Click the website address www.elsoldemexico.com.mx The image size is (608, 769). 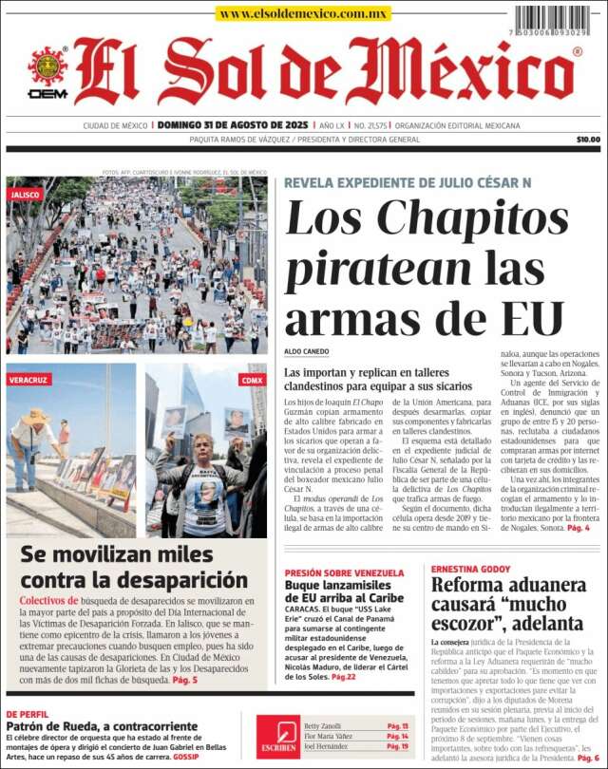[x=303, y=13]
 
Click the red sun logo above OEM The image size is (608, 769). [x=47, y=66]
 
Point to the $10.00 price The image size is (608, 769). [x=588, y=140]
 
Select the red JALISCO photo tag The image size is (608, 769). [x=26, y=194]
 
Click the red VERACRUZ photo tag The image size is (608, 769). [x=30, y=380]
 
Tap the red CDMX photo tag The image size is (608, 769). [x=252, y=380]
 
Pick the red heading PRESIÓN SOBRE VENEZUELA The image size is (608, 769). [x=344, y=572]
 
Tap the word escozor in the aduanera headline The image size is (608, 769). [x=473, y=624]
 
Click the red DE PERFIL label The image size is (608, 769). [x=28, y=713]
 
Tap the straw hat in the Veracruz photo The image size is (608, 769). [x=37, y=415]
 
